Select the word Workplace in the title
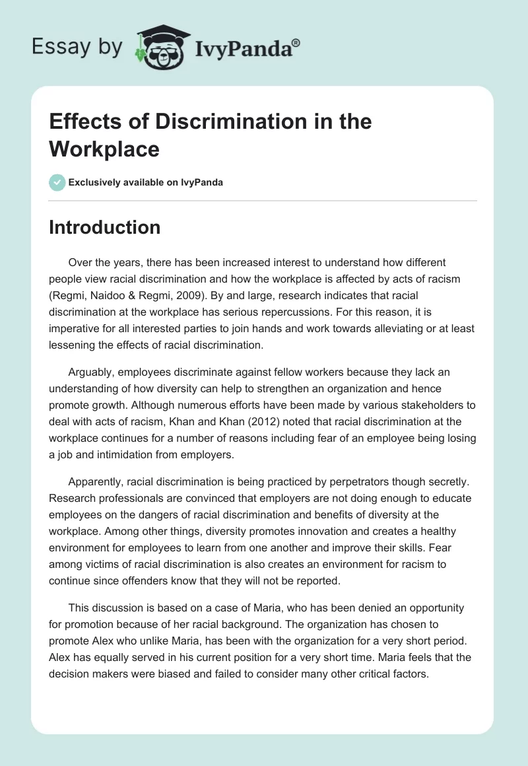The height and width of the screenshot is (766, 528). [104, 149]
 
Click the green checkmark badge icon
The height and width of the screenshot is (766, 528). [57, 182]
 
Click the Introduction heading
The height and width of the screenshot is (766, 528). [105, 227]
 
